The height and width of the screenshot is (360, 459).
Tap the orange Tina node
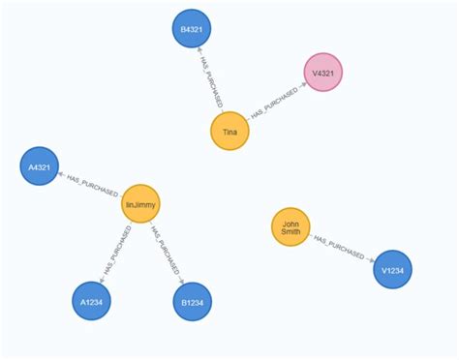click(229, 132)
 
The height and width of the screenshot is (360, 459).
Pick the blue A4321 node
click(40, 166)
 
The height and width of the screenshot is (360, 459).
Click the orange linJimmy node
click(140, 203)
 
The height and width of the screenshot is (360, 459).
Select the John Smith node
click(291, 227)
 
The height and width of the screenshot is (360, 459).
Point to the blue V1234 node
click(392, 269)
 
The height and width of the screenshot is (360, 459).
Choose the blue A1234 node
click(92, 301)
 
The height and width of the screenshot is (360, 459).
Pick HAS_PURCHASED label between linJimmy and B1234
click(166, 252)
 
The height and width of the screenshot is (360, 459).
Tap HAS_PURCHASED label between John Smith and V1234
click(341, 249)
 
